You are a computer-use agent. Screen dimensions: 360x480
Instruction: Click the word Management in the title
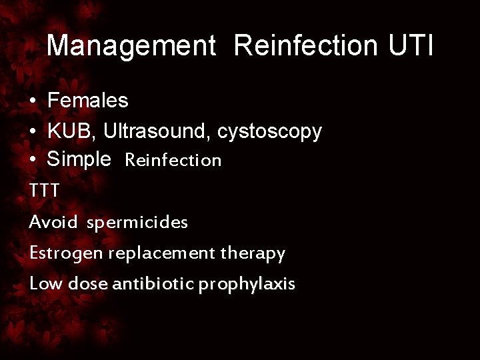[131, 46]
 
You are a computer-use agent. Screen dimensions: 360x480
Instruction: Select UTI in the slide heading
[410, 46]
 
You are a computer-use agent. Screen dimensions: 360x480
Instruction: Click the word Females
[88, 101]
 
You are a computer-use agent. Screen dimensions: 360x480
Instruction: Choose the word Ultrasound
[157, 131]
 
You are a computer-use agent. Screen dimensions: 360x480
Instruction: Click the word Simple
[79, 160]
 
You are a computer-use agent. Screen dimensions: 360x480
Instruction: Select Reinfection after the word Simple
[173, 161]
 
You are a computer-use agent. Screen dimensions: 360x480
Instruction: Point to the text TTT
[45, 191]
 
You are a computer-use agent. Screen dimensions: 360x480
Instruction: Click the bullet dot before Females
[33, 102]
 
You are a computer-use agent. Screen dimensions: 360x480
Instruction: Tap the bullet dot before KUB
[33, 132]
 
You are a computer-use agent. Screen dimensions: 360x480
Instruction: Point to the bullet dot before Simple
[33, 161]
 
